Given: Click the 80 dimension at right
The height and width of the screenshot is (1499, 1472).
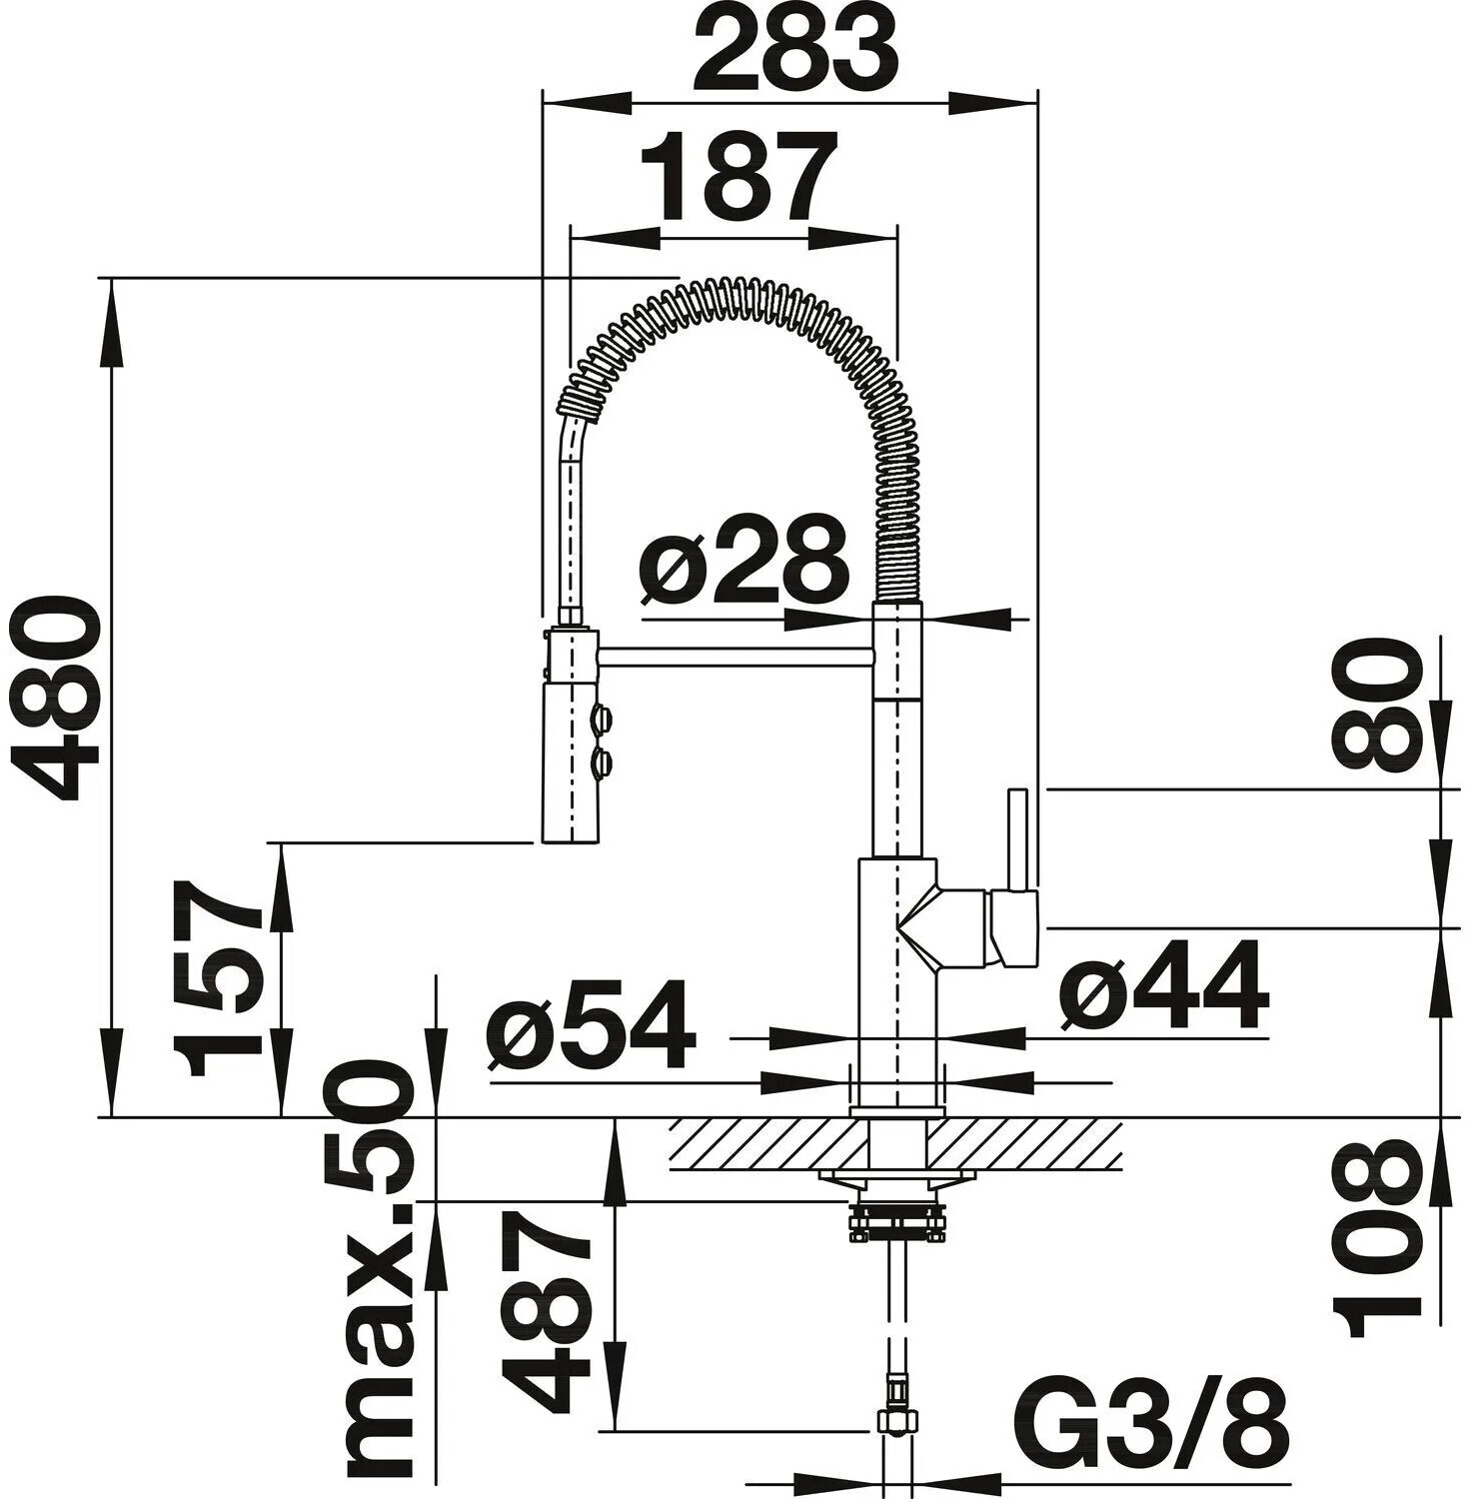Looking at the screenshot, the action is point(1376,706).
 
